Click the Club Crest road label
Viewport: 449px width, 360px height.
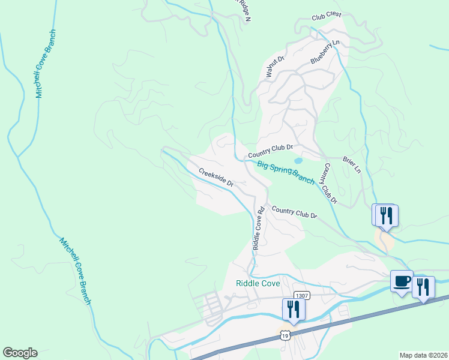327,16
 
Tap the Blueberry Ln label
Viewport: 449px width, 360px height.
325,52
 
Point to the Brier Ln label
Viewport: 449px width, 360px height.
351,165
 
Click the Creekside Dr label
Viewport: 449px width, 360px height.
215,176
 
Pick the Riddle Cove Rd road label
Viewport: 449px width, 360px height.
259,229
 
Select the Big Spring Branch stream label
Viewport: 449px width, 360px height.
286,172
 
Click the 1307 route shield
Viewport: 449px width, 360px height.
301,296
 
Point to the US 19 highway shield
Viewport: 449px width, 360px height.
286,334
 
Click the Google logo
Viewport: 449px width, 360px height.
20,353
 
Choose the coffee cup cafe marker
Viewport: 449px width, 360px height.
401,281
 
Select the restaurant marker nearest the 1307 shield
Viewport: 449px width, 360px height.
294,309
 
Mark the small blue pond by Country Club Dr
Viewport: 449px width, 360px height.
298,161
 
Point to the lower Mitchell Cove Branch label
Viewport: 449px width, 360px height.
75,271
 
